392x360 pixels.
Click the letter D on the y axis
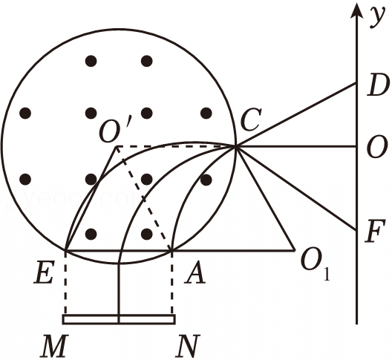(x=378, y=86)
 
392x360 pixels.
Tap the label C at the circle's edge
(x=251, y=120)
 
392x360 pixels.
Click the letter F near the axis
(x=374, y=232)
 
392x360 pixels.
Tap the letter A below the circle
(x=195, y=273)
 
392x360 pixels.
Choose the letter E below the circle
(x=44, y=273)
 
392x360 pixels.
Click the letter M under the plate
(x=54, y=346)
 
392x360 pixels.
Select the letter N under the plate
(x=187, y=346)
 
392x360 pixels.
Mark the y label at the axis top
(x=377, y=17)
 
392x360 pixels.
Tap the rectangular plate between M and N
(x=119, y=319)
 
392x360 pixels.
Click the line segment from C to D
(x=295, y=115)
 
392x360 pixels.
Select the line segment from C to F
(x=295, y=189)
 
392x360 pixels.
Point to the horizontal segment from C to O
(x=295, y=147)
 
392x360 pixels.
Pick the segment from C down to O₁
(x=265, y=198)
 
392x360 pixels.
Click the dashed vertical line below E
(x=65, y=283)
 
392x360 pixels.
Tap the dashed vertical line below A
(x=171, y=283)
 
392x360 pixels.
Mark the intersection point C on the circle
(x=235, y=147)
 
